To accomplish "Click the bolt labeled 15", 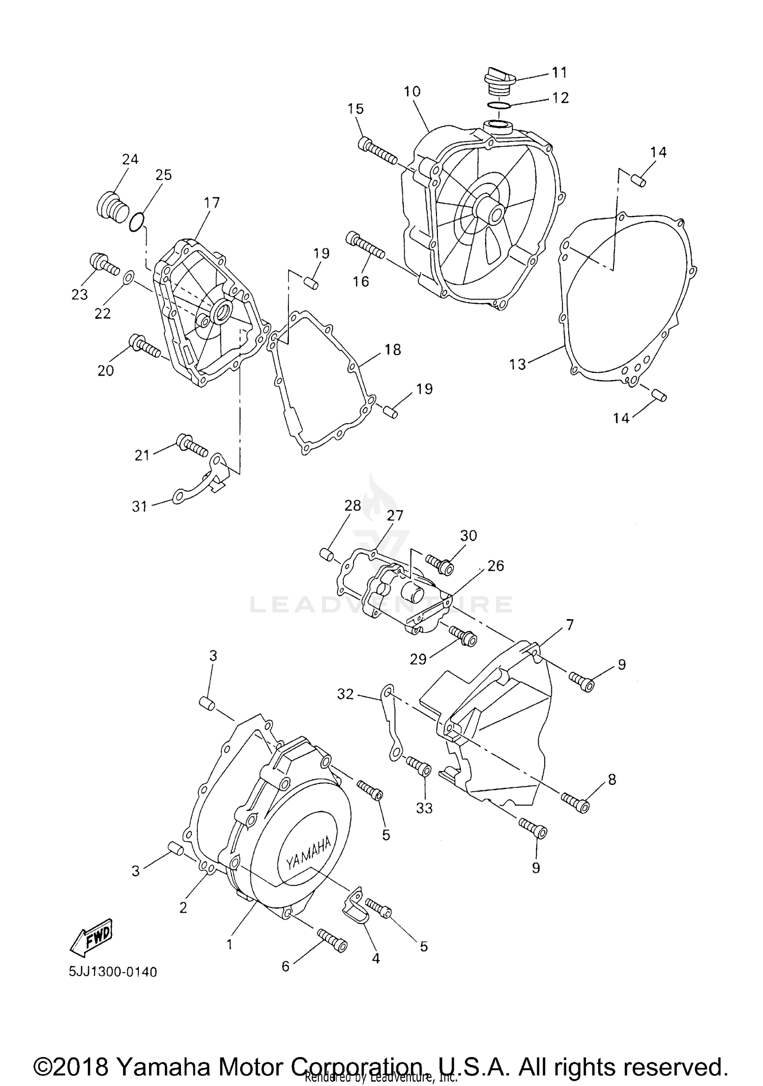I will (x=377, y=151).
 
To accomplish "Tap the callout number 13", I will (x=517, y=364).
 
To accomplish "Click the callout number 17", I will (x=212, y=202).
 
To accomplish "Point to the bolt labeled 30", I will (x=439, y=564).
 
